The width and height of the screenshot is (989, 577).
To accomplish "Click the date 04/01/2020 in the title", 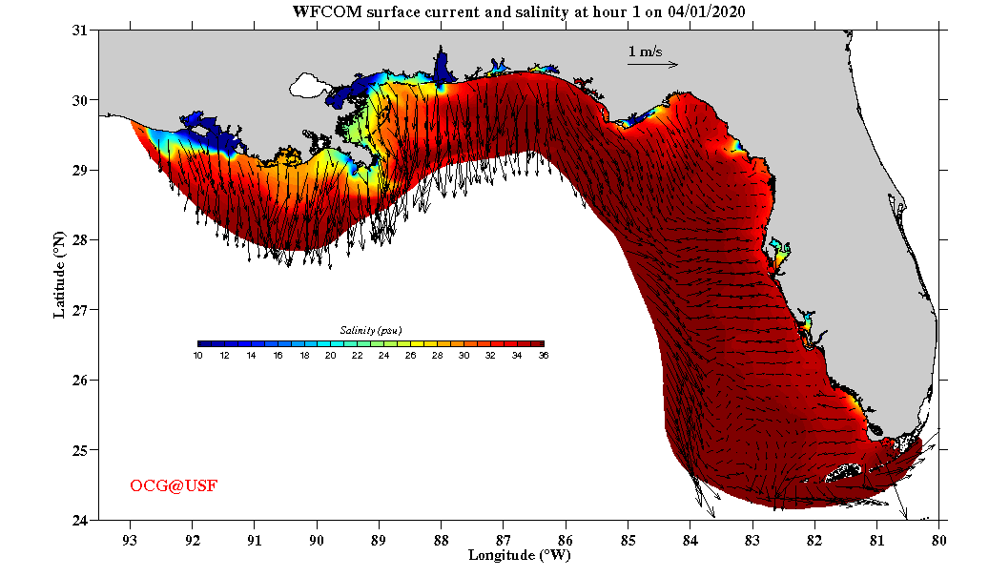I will [x=709, y=11].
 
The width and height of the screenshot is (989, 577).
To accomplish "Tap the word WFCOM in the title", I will [x=320, y=11].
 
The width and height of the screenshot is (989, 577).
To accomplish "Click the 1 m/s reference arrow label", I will [x=645, y=52].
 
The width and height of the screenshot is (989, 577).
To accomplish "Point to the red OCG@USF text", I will [x=174, y=486].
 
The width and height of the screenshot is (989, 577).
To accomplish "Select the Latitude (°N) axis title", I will [x=59, y=275].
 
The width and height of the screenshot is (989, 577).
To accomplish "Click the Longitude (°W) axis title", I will [x=519, y=554].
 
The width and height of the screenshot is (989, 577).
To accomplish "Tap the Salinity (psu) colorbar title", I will [x=370, y=330].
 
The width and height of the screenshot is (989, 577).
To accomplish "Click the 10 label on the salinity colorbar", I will [x=197, y=356].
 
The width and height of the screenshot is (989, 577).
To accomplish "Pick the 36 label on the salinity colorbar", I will [x=543, y=356].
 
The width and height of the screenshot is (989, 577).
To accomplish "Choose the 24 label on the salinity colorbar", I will [x=383, y=356].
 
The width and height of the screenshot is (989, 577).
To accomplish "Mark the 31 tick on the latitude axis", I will [x=80, y=31].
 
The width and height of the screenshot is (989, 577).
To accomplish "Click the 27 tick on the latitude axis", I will [x=80, y=310].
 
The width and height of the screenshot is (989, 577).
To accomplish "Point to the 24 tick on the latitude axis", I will [x=80, y=520].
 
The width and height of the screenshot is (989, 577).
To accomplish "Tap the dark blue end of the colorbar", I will [x=203, y=343].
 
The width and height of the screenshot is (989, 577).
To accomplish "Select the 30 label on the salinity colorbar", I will [x=464, y=356].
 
